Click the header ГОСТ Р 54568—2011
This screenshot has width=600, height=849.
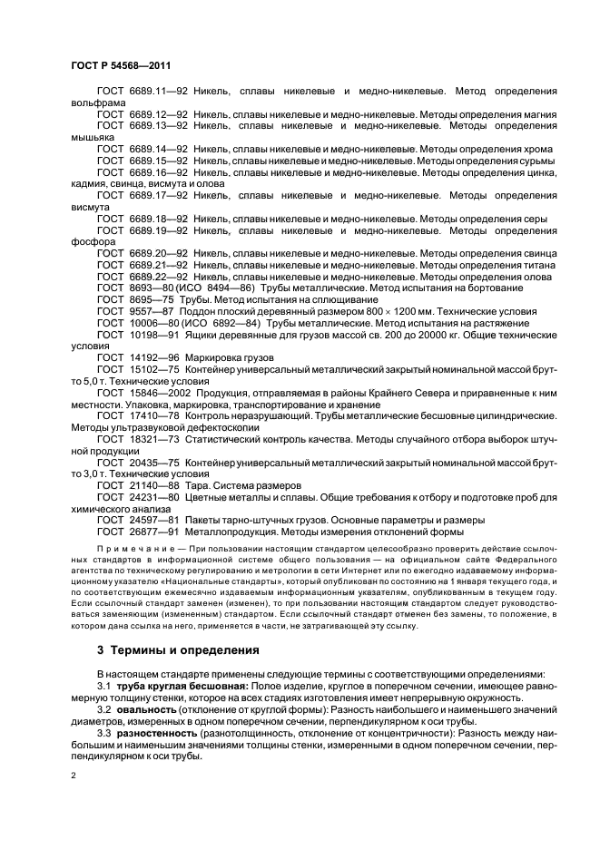click(x=120, y=67)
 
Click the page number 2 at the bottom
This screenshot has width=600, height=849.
click(x=74, y=778)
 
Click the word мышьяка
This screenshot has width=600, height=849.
click(x=92, y=138)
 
